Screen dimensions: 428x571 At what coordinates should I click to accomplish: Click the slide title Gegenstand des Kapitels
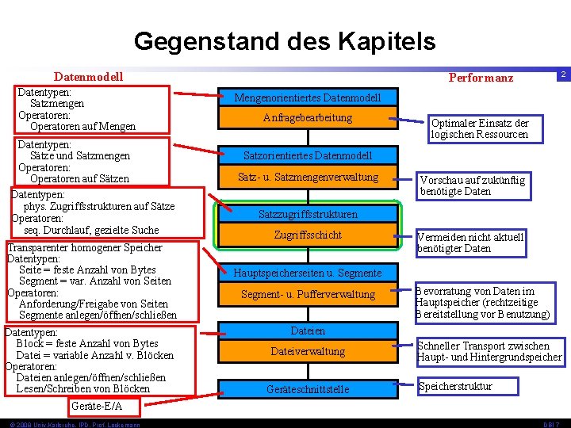(x=285, y=40)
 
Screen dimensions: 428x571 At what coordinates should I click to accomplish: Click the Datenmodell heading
(x=88, y=77)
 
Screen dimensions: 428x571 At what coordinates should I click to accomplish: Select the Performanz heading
(x=481, y=78)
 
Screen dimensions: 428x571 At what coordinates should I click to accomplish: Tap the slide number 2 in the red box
(x=561, y=75)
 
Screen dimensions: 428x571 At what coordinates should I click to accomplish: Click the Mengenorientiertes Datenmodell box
(x=307, y=97)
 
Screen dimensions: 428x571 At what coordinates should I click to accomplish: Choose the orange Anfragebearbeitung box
(x=307, y=118)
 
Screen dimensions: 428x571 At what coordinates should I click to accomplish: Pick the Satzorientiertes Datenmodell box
(x=307, y=155)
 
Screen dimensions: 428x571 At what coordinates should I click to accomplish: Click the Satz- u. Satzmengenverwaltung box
(x=307, y=177)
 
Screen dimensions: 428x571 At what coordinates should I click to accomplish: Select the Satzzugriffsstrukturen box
(x=307, y=214)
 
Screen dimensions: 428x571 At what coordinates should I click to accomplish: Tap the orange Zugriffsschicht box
(x=307, y=235)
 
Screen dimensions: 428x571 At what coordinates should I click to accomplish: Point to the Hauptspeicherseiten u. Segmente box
(x=307, y=273)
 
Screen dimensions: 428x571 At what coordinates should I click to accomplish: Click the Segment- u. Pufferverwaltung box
(x=307, y=295)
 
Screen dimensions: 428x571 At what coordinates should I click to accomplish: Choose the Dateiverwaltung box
(x=307, y=351)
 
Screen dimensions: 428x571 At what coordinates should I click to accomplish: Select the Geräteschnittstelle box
(x=307, y=389)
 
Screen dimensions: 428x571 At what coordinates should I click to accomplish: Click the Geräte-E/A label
(x=97, y=407)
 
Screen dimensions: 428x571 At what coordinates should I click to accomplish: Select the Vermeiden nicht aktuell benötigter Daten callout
(x=470, y=243)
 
